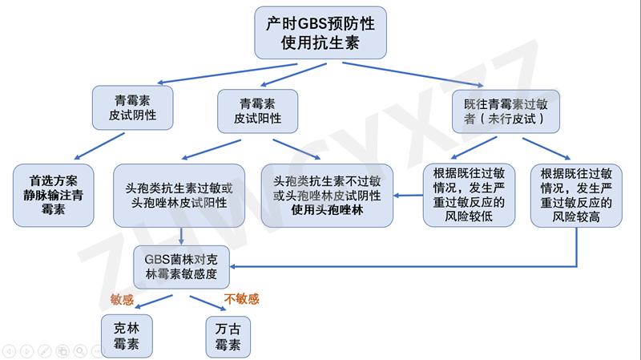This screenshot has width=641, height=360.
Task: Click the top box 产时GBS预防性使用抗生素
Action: pyautogui.click(x=320, y=33)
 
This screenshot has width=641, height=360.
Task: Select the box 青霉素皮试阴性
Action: pyautogui.click(x=132, y=108)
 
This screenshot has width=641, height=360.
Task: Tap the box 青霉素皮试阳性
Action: pyautogui.click(x=257, y=111)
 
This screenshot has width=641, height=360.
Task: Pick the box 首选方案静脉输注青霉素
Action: pyautogui.click(x=53, y=195)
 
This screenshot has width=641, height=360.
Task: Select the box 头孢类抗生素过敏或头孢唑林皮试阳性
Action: pyautogui.click(x=185, y=195)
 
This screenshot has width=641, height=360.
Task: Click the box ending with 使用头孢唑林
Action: pyautogui.click(x=327, y=195)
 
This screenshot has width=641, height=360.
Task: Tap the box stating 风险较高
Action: pyautogui.click(x=576, y=195)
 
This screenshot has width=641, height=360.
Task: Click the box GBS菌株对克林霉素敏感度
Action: pyautogui.click(x=185, y=266)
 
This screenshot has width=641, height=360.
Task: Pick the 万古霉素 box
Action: pyautogui.click(x=228, y=336)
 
